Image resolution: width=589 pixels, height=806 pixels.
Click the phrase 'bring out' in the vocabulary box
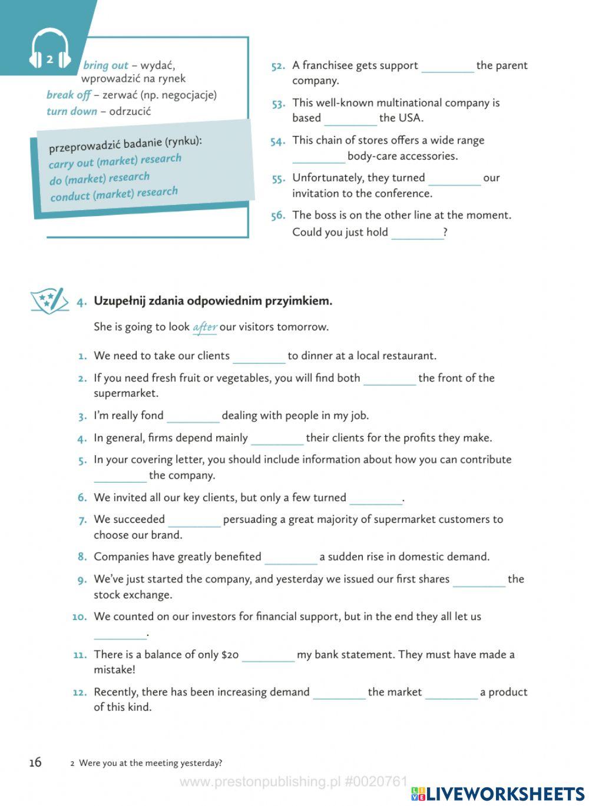tap(105, 65)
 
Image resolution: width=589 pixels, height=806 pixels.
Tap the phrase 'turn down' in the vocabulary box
tap(71, 111)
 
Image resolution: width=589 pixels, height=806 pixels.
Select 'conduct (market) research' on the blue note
tap(114, 194)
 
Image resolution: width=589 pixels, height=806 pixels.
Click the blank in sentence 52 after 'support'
tap(447, 66)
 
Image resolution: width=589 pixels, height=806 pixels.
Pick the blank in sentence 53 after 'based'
tap(350, 118)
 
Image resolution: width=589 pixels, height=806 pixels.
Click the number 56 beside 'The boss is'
tap(278, 215)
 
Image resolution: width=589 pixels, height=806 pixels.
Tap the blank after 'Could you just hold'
tap(417, 233)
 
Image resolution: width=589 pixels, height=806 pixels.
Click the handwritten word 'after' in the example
tap(205, 327)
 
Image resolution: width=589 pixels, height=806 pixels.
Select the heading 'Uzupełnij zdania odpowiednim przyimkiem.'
tap(213, 301)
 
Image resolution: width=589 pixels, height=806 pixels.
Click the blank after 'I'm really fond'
tap(193, 416)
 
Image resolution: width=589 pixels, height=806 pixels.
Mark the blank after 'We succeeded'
tap(194, 520)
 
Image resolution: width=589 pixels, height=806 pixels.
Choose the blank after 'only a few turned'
tap(375, 499)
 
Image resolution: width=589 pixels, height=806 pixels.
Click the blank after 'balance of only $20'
tap(268, 655)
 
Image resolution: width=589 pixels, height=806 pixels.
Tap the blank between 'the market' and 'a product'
tap(451, 693)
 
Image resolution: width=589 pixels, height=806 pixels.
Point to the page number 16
tap(35, 762)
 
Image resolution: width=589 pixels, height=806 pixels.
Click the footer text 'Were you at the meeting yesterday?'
tap(150, 763)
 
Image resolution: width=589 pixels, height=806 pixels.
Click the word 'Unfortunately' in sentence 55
tap(327, 178)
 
